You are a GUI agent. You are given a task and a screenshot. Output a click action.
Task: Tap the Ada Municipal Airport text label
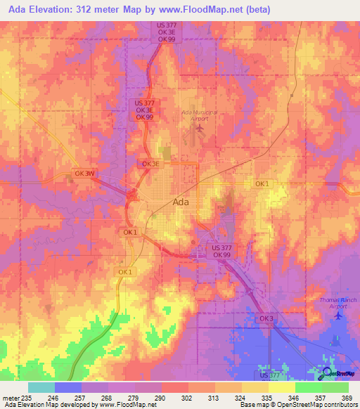pos(199,116)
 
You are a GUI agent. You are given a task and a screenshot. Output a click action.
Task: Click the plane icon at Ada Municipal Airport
pos(199,128)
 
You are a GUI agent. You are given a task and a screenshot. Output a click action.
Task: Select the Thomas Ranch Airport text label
pos(338,303)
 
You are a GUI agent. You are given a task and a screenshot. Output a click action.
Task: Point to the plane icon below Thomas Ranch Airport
pos(338,314)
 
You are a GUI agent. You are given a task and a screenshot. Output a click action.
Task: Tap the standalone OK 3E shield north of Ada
pos(152,164)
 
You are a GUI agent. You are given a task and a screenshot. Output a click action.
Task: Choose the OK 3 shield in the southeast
pos(266,318)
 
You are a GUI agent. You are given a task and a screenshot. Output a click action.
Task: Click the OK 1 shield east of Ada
pos(262,183)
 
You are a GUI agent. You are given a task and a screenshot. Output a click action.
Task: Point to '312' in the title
pos(99,9)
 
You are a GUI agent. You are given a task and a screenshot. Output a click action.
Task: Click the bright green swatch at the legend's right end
pos(335,387)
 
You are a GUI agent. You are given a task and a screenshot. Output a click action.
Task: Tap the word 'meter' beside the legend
pos(9,397)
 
